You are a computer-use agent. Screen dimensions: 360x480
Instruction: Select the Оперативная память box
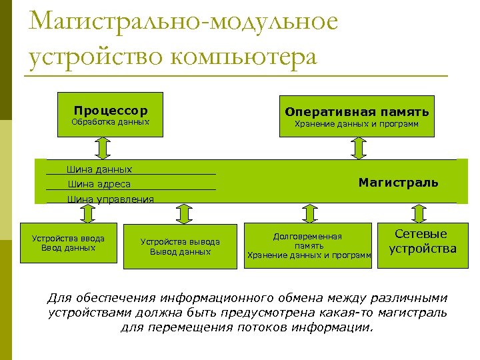click(357, 115)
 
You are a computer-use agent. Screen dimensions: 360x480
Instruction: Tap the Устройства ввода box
click(67, 244)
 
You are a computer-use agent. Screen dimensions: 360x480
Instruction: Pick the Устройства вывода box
click(180, 246)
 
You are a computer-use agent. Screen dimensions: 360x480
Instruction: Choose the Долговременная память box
click(308, 245)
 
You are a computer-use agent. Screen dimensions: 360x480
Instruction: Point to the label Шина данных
click(99, 170)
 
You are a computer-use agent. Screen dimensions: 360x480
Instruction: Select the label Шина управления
click(110, 199)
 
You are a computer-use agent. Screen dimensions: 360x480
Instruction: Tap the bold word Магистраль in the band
click(398, 182)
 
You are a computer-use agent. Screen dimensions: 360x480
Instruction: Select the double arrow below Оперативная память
click(359, 147)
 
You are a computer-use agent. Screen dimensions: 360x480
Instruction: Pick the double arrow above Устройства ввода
click(87, 213)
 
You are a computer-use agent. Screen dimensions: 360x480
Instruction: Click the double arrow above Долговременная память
click(309, 213)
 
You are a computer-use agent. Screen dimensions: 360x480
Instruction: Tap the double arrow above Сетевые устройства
click(418, 213)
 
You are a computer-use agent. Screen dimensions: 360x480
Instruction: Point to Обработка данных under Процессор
click(111, 123)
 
